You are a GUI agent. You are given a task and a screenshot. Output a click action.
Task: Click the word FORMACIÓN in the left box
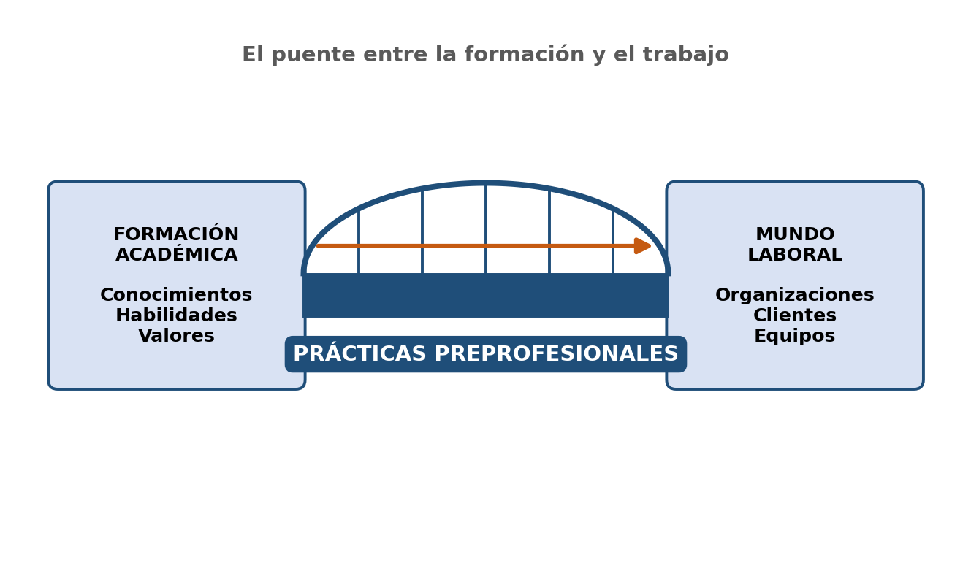176,234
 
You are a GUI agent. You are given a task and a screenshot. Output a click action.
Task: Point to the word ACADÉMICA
176,254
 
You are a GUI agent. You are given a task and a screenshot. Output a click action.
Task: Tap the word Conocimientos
176,294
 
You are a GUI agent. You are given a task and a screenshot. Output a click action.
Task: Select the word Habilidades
176,315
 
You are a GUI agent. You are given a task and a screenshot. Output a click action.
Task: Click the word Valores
176,335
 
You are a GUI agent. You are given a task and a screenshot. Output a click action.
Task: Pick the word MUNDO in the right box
795,234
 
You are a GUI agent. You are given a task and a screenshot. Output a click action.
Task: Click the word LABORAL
795,254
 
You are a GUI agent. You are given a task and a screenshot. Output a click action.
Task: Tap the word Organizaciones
795,295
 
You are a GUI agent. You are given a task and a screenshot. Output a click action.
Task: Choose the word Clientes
795,315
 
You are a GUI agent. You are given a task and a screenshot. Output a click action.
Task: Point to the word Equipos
795,336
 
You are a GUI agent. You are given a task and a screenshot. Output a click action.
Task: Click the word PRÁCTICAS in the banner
359,353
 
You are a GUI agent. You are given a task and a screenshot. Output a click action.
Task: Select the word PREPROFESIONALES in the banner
556,353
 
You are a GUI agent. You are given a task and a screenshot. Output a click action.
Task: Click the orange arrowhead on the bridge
642,246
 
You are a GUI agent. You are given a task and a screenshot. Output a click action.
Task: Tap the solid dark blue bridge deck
485,296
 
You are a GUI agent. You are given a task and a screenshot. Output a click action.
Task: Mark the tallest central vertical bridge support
486,229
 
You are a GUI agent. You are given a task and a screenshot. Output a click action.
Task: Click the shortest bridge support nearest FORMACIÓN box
359,242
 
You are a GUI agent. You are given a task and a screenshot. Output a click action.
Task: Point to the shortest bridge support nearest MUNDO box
613,242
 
